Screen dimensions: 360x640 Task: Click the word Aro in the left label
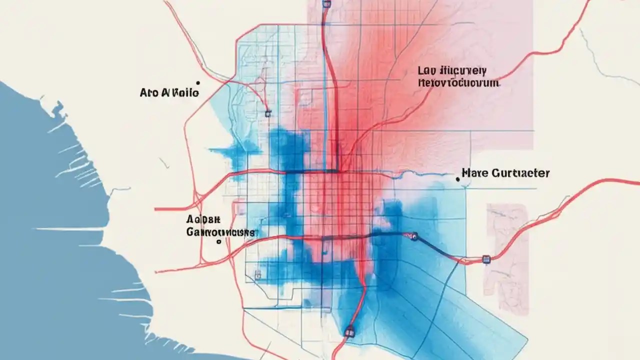149,93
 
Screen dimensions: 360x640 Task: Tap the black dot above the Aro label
198,83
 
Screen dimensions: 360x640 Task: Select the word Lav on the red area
428,71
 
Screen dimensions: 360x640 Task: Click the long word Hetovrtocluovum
458,83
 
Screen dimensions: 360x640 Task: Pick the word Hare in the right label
473,173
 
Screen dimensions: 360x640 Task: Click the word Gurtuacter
521,173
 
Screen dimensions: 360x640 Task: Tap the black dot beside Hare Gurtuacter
457,178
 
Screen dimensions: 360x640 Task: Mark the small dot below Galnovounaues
218,242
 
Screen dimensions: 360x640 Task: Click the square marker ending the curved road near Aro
268,113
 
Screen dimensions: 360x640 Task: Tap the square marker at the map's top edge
327,3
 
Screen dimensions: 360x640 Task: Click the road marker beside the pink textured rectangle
486,259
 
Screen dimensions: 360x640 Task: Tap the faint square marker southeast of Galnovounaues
258,274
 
